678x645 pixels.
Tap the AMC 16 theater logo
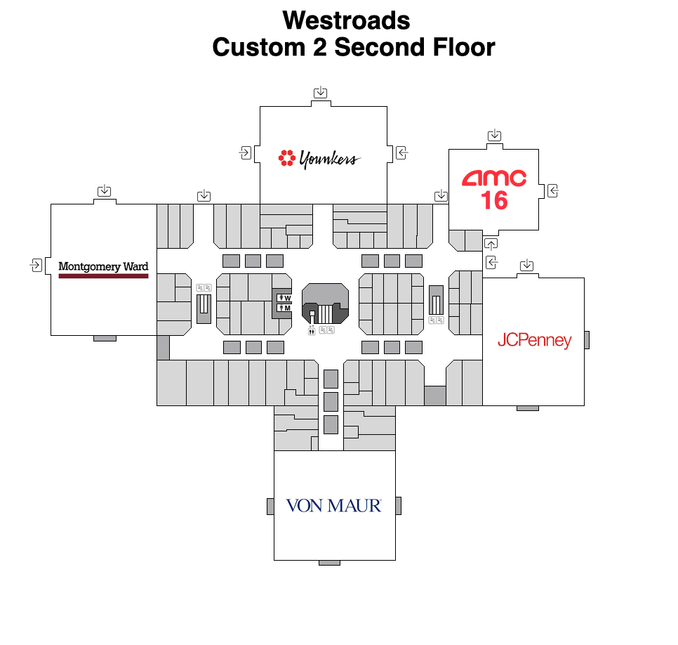(494, 188)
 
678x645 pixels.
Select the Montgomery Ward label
(103, 267)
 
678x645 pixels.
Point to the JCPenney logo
(534, 341)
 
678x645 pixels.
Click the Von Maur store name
(334, 505)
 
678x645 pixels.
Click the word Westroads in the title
(346, 20)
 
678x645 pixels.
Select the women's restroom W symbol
(284, 299)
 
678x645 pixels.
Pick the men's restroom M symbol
(284, 308)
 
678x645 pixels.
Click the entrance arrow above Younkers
(321, 92)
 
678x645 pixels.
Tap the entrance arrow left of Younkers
(246, 152)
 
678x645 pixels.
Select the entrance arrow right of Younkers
(402, 152)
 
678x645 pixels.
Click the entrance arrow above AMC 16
(495, 135)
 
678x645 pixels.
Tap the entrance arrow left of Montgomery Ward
(36, 265)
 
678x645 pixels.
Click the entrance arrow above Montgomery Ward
(105, 190)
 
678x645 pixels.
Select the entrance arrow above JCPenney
(527, 265)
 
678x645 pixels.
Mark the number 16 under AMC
(494, 201)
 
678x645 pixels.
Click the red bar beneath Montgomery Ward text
(103, 276)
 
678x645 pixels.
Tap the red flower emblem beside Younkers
(286, 158)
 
